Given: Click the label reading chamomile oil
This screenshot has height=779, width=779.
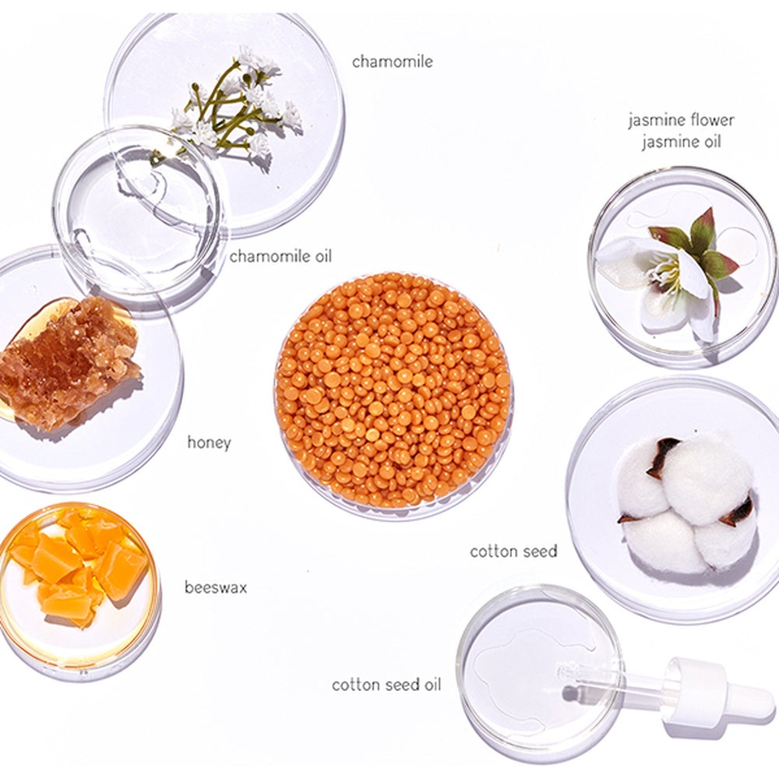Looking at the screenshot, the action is (280, 256).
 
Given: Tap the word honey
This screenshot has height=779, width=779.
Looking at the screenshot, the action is (209, 442).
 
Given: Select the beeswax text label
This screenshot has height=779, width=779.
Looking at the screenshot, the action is (216, 587).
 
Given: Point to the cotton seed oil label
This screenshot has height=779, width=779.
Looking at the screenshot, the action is (386, 685).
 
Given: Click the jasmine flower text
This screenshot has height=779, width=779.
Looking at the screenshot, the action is (681, 120).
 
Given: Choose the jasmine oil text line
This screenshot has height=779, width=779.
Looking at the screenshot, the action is (681, 142).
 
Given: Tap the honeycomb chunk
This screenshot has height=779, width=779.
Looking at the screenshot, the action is (69, 363).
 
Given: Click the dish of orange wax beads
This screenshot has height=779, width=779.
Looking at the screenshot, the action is (394, 395).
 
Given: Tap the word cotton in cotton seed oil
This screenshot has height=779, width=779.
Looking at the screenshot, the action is (350, 685).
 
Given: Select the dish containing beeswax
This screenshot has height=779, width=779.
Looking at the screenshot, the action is (79, 590).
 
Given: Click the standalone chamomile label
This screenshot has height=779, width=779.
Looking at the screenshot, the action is (392, 62).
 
